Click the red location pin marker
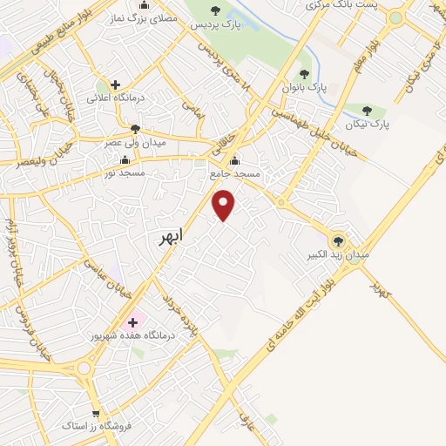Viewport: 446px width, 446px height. [224, 204]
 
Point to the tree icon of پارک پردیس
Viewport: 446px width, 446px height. [215, 10]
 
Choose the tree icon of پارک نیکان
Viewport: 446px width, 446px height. [367, 111]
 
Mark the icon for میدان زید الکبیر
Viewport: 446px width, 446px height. [339, 240]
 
